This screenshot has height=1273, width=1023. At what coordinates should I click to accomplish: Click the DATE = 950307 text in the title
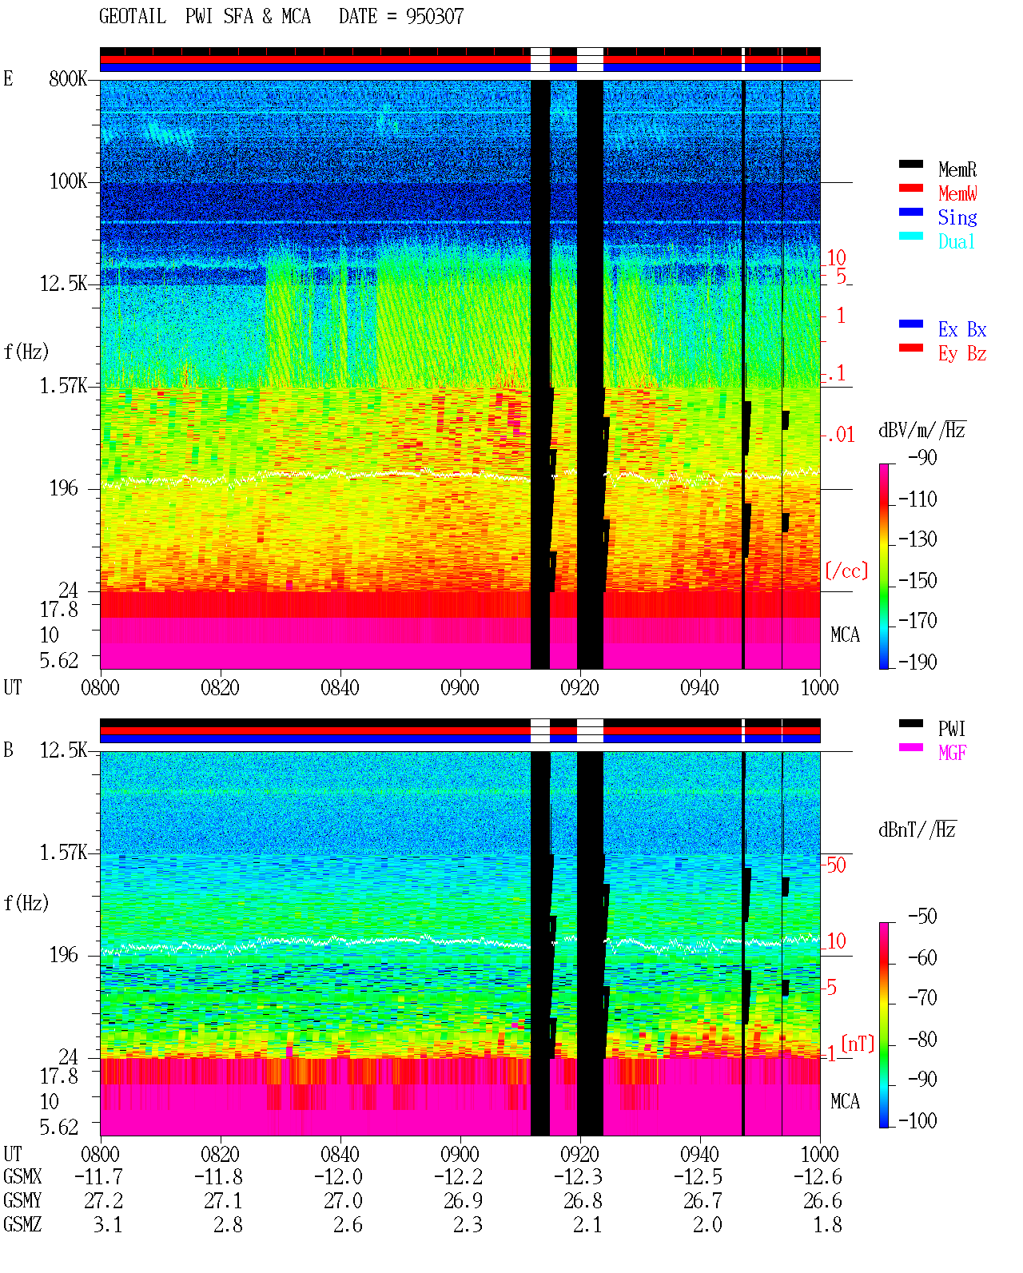pos(401,17)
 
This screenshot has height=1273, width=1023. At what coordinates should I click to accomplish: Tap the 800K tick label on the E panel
pos(68,78)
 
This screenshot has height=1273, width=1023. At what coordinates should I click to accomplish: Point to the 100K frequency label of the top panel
pos(68,181)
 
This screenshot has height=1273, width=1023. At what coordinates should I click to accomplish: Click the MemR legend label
pos(957,169)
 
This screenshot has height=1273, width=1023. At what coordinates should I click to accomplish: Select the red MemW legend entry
pos(957,193)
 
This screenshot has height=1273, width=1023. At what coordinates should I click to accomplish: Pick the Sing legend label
pos(957,217)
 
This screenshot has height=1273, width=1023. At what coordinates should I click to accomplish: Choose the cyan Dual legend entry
pos(956,241)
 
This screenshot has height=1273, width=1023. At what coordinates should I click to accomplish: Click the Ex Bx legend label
pos(961,329)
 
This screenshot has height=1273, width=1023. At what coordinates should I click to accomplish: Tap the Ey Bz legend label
pos(961,354)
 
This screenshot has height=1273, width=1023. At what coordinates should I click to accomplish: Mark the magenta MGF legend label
pos(952,753)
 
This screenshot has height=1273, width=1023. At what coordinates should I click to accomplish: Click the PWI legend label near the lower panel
pos(951,728)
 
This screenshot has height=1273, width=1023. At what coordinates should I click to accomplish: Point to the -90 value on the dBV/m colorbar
pos(922,457)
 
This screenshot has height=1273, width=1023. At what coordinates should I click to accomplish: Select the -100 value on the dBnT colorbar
pos(918,1120)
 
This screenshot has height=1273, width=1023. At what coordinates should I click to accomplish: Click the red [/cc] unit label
pos(846,571)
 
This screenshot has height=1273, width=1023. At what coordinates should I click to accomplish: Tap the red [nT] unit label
pos(858,1044)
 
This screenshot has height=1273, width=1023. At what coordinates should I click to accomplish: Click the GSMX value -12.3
pos(578,1176)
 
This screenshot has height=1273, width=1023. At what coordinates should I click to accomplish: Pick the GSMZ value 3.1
pos(108,1224)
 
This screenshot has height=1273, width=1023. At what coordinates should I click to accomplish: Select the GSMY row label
pos(22,1200)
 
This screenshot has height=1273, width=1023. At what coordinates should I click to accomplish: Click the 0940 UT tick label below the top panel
pos(699,687)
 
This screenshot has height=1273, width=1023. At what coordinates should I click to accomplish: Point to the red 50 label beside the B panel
pos(836,865)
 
